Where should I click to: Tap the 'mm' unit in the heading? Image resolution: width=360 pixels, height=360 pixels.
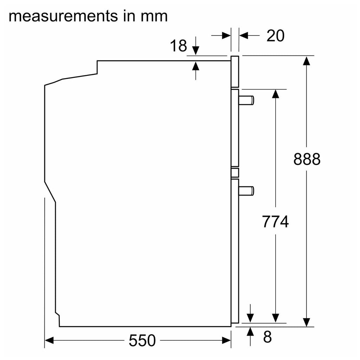pos(154,17)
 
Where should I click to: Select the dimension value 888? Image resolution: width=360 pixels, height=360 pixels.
pos(307,159)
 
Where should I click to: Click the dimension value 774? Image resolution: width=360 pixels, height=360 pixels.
pos(275,221)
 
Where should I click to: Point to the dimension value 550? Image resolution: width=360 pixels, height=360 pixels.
pos(142,340)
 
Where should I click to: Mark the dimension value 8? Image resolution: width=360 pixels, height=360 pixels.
pos(268,337)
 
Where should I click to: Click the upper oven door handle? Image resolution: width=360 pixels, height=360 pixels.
pos(246,100)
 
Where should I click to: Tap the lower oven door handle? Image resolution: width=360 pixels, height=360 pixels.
pos(246,191)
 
